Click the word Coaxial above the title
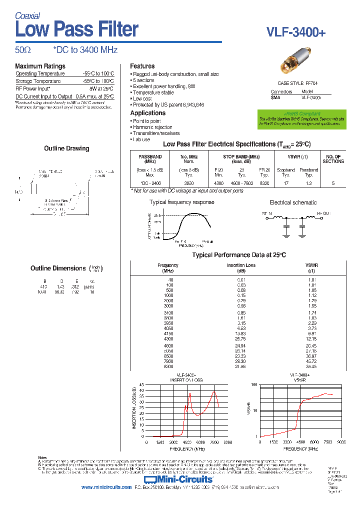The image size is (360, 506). click(x=27, y=16)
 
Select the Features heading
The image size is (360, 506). click(x=142, y=66)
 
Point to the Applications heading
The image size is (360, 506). click(x=147, y=113)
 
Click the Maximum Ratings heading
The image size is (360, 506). click(x=40, y=66)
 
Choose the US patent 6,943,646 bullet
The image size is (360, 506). click(x=168, y=104)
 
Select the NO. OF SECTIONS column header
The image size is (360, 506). click(x=333, y=159)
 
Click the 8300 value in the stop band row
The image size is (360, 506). click(x=264, y=183)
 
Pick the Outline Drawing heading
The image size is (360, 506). click(x=66, y=148)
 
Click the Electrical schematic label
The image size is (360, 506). click(x=293, y=202)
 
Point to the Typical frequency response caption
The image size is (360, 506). click(x=182, y=202)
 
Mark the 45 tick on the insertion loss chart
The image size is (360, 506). click(x=141, y=385)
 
